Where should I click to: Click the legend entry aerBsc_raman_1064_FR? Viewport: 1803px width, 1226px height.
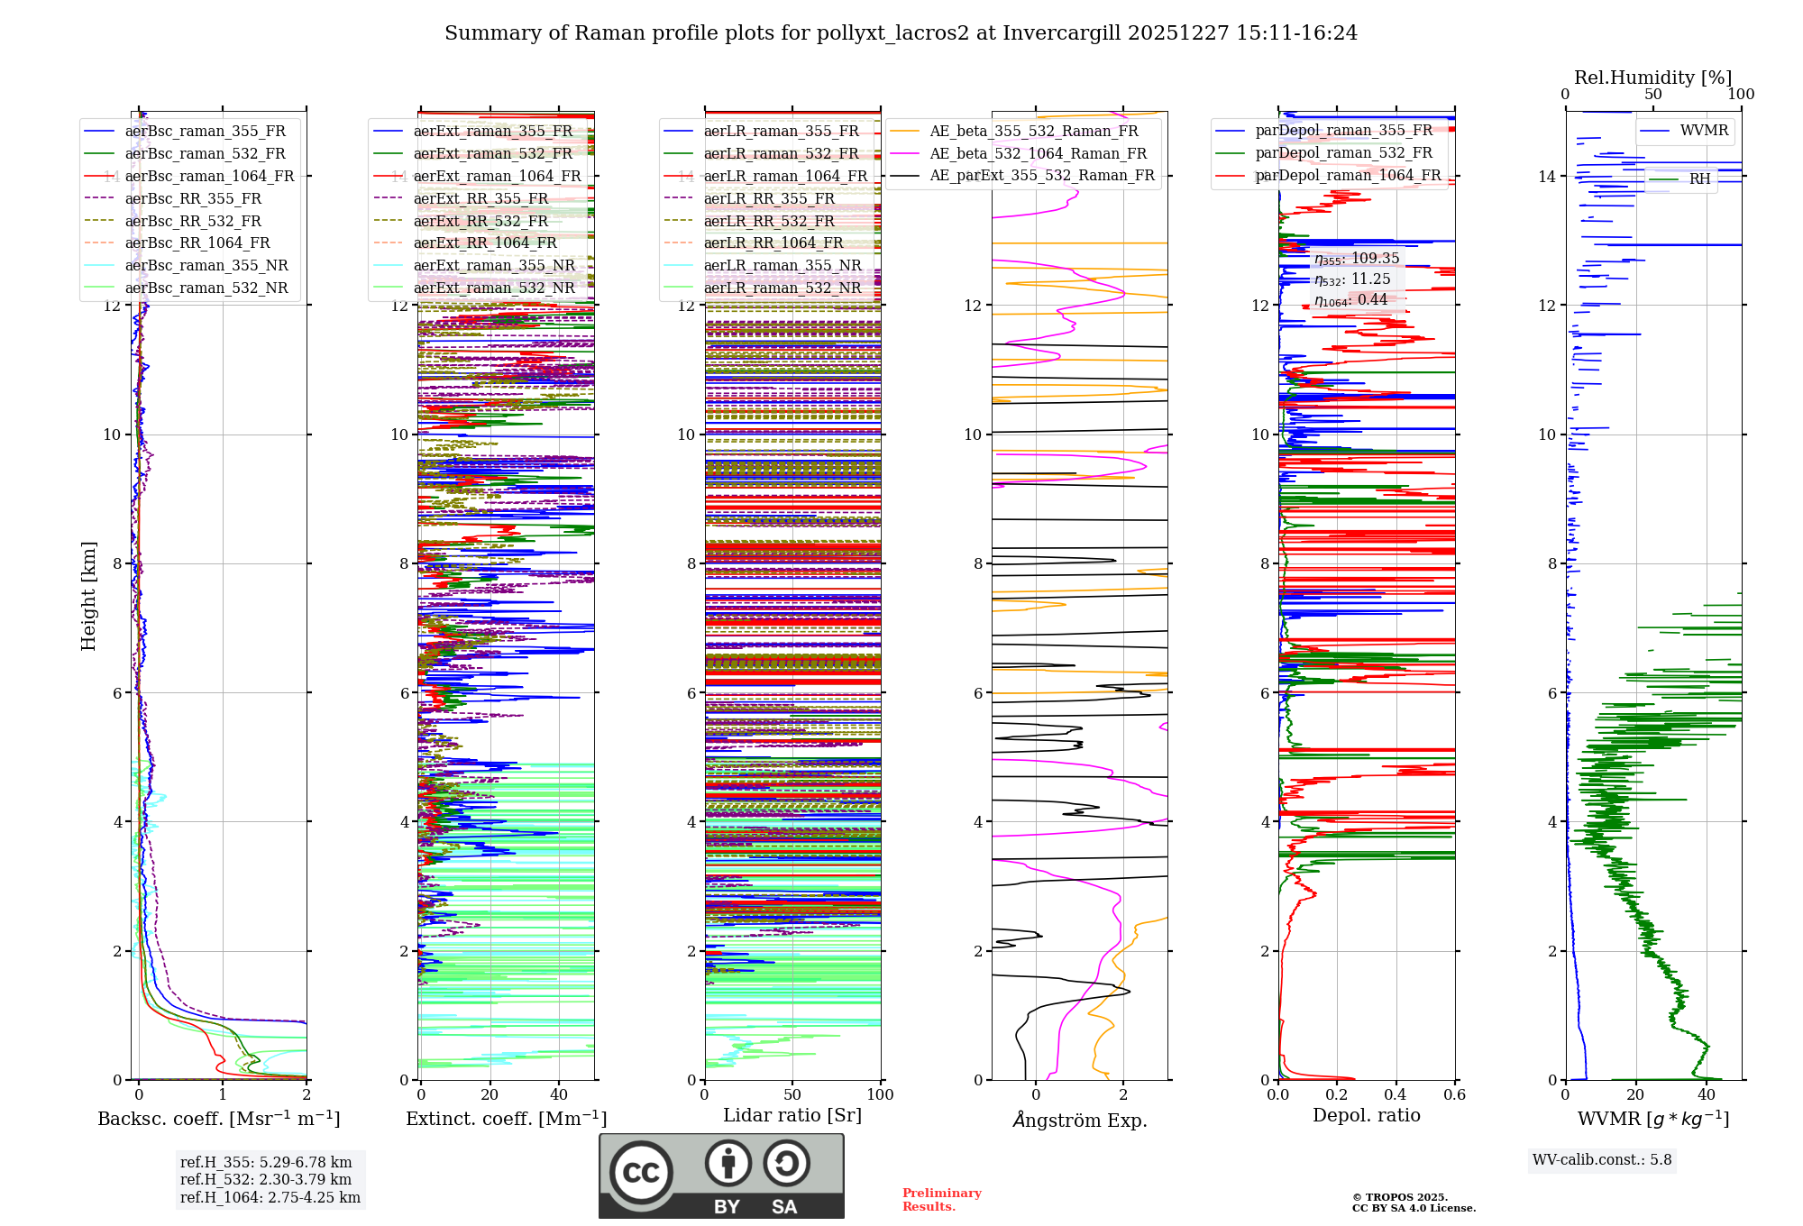pos(209,176)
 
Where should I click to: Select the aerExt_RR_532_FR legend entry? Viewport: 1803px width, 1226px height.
pos(480,221)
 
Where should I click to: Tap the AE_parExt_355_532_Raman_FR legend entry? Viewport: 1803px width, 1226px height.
pos(1041,175)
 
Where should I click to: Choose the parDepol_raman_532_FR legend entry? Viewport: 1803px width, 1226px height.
pos(1343,153)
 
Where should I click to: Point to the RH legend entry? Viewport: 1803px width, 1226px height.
pos(1699,179)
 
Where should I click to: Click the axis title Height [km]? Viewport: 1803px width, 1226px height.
pos(88,595)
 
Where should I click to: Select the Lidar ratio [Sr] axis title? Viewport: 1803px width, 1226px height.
pos(792,1115)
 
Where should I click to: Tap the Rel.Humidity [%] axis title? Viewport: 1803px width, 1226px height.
pos(1652,78)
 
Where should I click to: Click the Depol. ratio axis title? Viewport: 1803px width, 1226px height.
pos(1366,1115)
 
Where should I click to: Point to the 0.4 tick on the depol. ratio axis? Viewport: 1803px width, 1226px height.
pos(1396,1094)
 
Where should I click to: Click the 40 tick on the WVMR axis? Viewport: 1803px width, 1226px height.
pos(1707,1094)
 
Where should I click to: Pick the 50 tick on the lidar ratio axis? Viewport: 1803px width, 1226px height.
pos(792,1094)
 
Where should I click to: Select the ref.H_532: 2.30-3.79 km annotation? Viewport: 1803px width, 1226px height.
pos(266,1179)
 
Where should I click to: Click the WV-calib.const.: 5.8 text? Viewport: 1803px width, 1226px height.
pos(1602,1160)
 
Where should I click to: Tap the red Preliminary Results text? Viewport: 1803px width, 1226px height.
pos(941,1200)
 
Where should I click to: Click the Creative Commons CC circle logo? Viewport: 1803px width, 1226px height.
pos(641,1172)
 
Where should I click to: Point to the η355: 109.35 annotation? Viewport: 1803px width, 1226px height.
pos(1356,259)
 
